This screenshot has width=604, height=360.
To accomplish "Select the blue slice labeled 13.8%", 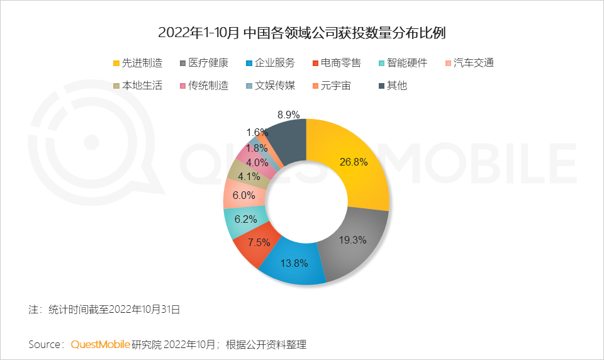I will (293, 264).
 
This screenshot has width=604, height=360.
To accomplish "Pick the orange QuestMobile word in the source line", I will (101, 344).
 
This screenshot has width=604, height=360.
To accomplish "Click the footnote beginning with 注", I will (104, 309).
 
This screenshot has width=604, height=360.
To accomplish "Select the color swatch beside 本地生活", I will (116, 86).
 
